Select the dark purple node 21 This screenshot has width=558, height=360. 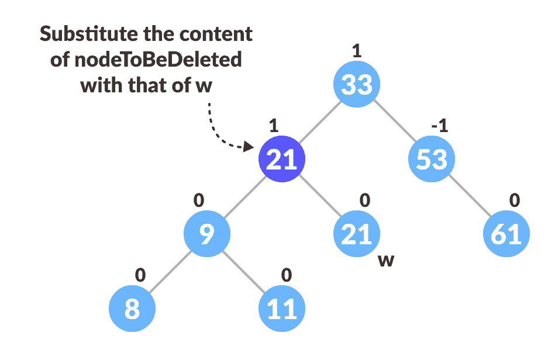282,159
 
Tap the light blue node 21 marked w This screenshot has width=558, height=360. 357,234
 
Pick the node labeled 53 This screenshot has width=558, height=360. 432,159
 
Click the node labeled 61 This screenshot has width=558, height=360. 507,234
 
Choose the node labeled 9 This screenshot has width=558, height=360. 207,234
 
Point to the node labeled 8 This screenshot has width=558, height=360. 132,309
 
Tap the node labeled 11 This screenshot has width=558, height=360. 282,309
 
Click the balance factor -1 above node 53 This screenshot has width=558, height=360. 439,126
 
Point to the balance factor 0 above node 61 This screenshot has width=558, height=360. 514,200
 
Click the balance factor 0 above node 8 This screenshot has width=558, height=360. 140,275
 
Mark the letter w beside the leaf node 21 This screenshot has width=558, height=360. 385,260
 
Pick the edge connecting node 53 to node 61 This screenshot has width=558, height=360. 469,196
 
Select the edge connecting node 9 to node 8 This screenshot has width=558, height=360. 170,271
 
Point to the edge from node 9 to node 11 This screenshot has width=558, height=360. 244,271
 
